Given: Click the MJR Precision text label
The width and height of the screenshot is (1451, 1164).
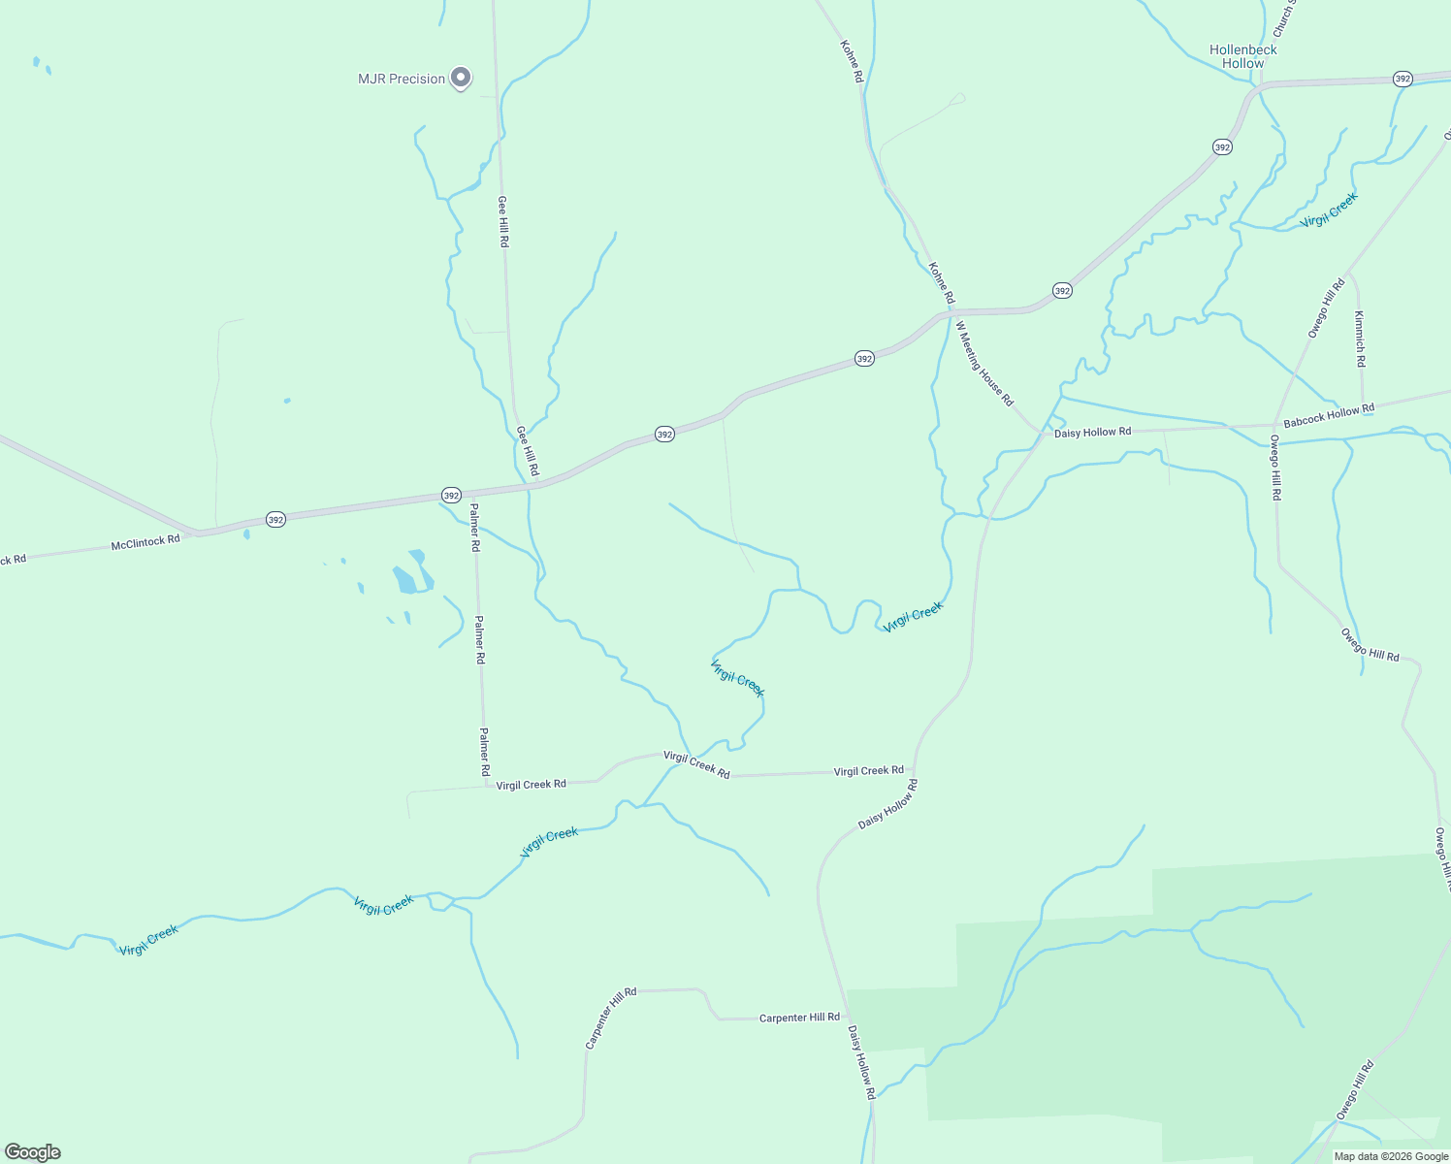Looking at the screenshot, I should (402, 79).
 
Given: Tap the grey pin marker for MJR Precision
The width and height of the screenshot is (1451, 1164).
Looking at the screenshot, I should (462, 77).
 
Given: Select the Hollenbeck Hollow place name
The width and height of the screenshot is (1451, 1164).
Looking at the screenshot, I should (1242, 56).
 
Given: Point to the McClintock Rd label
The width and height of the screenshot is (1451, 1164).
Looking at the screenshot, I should (145, 542).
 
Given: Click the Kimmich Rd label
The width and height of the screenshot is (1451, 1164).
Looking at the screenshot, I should (1360, 339).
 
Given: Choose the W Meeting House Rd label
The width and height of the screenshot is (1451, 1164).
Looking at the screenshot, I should (984, 363).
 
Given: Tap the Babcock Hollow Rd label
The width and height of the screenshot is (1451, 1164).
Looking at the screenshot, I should (1328, 416).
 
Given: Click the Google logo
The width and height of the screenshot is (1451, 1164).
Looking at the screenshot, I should (33, 1152).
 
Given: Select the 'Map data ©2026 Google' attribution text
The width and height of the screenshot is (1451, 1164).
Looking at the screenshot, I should (1391, 1156).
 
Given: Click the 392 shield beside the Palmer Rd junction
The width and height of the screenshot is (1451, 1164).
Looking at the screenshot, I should (451, 495).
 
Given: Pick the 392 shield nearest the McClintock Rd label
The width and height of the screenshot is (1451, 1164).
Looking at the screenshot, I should (275, 520).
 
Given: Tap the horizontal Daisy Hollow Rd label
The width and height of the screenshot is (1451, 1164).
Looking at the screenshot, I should (1092, 432).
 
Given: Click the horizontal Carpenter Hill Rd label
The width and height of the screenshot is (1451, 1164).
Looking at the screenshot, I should (799, 1018).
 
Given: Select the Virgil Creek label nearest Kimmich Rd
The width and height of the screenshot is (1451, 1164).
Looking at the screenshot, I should (1329, 210).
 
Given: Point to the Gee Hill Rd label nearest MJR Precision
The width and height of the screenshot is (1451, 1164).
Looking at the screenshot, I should (502, 221).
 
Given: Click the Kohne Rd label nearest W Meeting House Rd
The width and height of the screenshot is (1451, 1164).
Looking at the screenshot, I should (941, 282).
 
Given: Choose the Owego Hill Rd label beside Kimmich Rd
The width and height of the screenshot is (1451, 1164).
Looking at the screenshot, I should (1326, 307).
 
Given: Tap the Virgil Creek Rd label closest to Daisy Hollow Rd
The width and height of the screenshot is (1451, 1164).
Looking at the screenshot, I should (868, 771).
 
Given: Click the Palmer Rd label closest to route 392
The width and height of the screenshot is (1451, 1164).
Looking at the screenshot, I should (474, 527).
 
